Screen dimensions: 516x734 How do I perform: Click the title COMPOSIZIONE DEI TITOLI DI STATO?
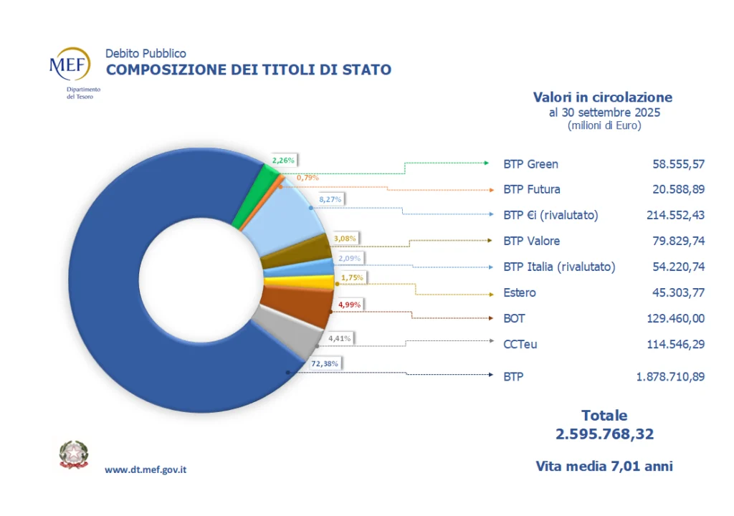pyautogui.click(x=249, y=70)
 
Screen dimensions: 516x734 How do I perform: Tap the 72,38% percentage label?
pyautogui.click(x=325, y=363)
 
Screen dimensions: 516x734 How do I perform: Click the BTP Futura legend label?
pyautogui.click(x=532, y=189)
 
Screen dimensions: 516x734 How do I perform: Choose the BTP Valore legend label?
pyautogui.click(x=532, y=241)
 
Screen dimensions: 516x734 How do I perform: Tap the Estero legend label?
pyautogui.click(x=520, y=292)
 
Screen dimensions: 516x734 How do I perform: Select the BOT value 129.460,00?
pyautogui.click(x=672, y=318)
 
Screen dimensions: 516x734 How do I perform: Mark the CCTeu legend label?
pyautogui.click(x=520, y=344)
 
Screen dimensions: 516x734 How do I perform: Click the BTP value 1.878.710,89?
pyautogui.click(x=669, y=376)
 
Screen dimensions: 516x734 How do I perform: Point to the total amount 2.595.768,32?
pyautogui.click(x=604, y=434)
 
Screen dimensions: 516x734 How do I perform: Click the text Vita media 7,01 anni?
pyautogui.click(x=604, y=466)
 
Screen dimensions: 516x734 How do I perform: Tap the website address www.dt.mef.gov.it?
pyautogui.click(x=146, y=469)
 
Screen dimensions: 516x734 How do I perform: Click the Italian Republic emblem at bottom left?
pyautogui.click(x=73, y=454)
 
